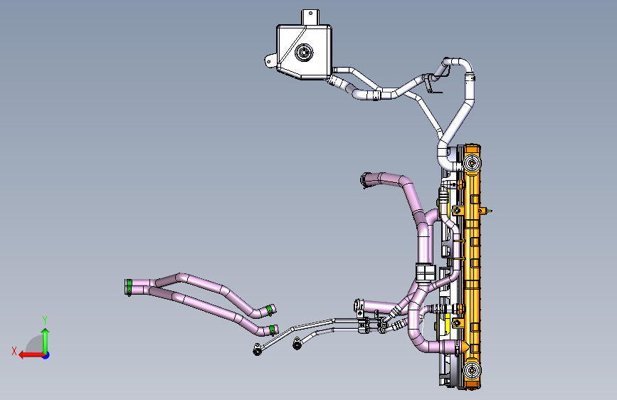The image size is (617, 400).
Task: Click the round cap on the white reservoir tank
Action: point(304,53)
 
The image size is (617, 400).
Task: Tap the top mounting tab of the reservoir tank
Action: point(310,17)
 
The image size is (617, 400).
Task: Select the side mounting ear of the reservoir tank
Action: point(270,60)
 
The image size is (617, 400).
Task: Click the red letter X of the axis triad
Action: point(14,351)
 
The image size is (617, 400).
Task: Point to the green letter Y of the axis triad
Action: point(45,320)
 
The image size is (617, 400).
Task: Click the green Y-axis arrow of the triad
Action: point(46,341)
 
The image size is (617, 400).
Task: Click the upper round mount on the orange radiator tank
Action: point(471,163)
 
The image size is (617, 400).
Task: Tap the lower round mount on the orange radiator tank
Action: point(471,370)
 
